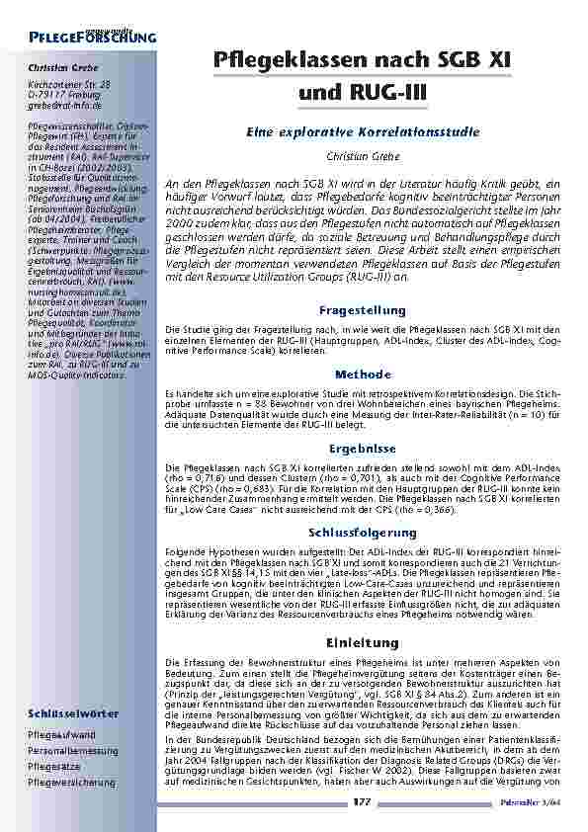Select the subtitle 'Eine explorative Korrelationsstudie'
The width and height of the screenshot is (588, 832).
tap(363, 130)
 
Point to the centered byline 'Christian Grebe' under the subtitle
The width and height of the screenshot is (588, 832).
tap(363, 156)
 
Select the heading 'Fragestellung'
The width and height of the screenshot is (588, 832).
tap(363, 310)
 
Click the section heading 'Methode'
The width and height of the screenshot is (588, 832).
tap(363, 374)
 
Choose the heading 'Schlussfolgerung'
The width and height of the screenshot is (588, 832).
tap(363, 533)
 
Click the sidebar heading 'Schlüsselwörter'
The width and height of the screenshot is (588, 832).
tap(73, 712)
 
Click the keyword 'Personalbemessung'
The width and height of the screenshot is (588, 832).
tap(70, 751)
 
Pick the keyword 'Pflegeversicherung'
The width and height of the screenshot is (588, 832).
tap(72, 782)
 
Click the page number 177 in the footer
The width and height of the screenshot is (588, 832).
tap(362, 804)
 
